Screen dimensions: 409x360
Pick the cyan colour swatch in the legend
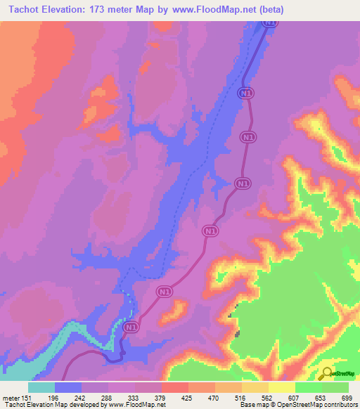click(x=41, y=387)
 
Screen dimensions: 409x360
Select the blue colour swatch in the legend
click(x=68, y=387)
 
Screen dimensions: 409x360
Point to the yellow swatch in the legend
click(x=282, y=387)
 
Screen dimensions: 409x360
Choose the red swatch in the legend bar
click(x=175, y=387)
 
